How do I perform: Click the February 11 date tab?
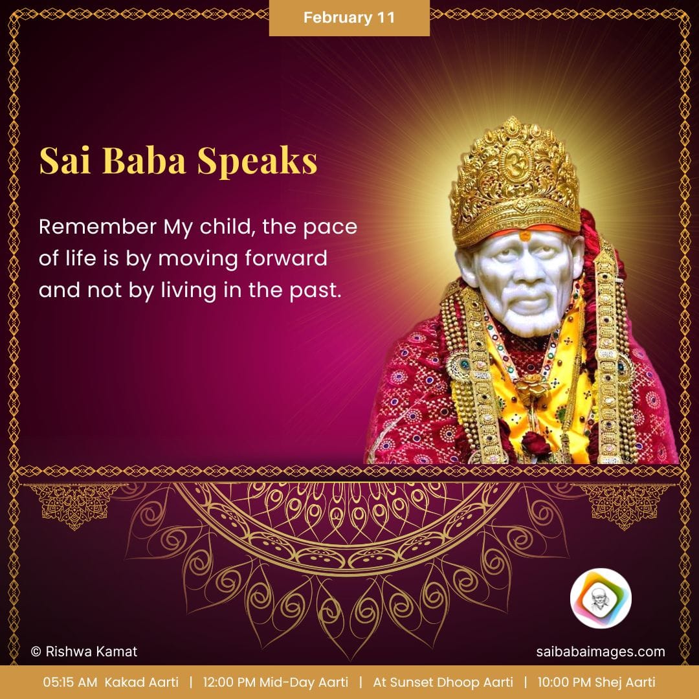point(349,18)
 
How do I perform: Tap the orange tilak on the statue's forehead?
point(525,236)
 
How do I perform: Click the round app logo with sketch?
point(601,598)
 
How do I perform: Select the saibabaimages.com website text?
point(601,652)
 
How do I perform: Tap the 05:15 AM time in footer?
point(70,682)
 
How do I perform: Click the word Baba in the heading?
point(146,161)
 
